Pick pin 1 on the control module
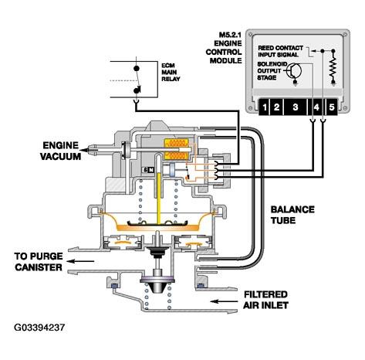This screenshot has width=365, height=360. (x=264, y=107)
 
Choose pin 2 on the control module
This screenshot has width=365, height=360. (x=276, y=107)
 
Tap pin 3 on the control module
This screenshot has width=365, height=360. (x=295, y=107)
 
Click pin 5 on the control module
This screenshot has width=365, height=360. (x=332, y=107)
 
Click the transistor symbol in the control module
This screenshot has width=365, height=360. (x=294, y=70)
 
